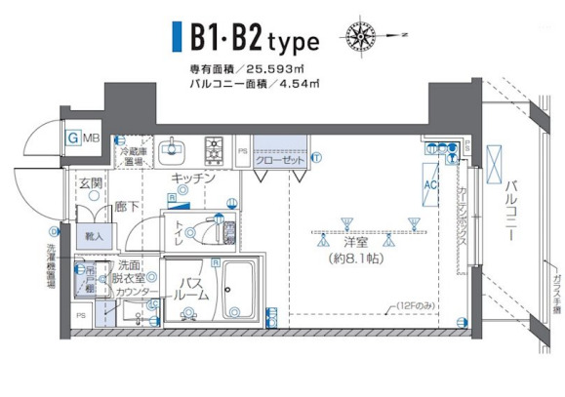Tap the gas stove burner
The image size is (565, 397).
(x=214, y=150)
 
